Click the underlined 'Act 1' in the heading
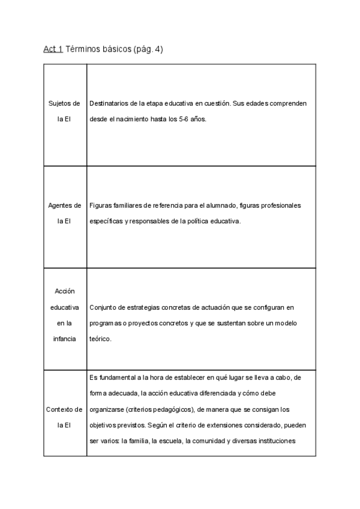[53, 49]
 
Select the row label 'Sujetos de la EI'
[64, 111]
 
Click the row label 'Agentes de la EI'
[64, 213]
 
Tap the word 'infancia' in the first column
[64, 339]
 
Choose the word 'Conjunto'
[103, 307]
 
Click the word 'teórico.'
[100, 339]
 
